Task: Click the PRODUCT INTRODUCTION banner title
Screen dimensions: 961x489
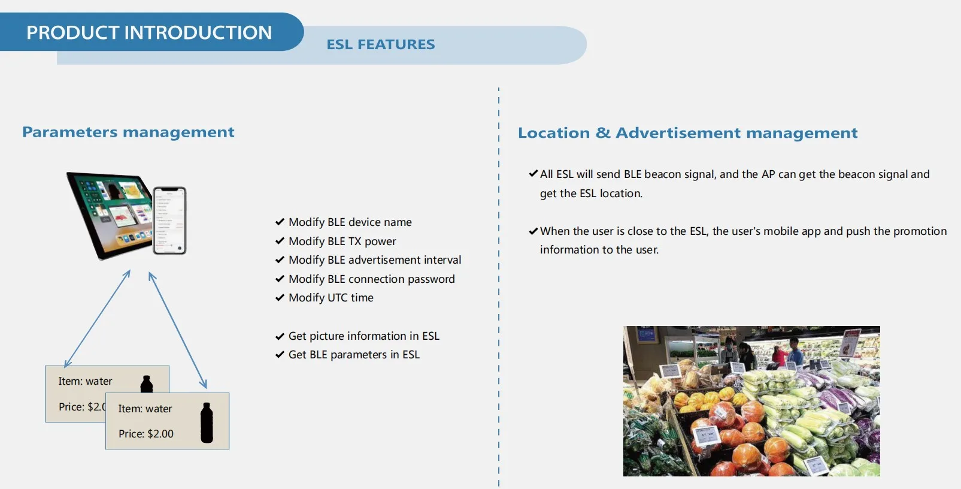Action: [149, 32]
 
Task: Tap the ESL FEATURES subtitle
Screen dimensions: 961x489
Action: [381, 44]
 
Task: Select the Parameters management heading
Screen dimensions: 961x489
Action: [128, 132]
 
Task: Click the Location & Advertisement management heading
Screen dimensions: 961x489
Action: [688, 132]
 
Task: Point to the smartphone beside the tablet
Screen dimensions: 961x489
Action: [170, 221]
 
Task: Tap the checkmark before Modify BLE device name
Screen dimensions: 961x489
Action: [280, 222]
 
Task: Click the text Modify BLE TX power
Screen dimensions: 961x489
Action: [342, 242]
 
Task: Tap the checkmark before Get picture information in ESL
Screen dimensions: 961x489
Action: [280, 336]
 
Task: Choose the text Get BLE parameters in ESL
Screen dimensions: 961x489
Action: [354, 355]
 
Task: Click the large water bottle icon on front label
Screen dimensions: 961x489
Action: [207, 422]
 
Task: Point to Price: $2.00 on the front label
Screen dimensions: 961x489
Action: [146, 434]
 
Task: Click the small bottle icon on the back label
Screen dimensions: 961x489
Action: [146, 384]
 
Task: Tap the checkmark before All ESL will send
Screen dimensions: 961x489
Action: [533, 173]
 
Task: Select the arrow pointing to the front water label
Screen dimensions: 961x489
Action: [178, 330]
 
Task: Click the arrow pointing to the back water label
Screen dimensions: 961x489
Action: [98, 319]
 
